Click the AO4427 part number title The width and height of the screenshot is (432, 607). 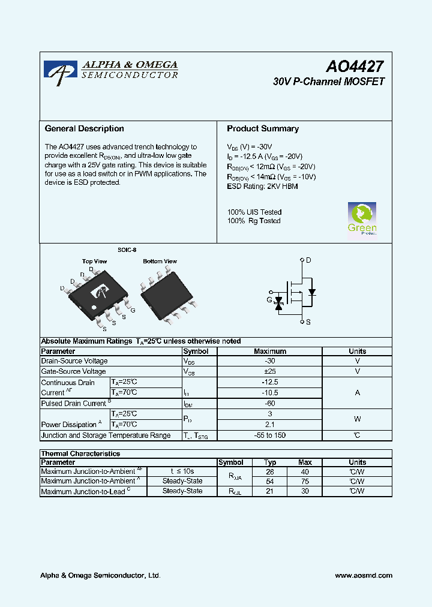tap(355, 67)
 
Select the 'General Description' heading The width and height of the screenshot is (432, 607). tap(85, 128)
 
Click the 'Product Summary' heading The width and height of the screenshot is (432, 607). tap(263, 128)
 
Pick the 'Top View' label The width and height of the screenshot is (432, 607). tap(94, 262)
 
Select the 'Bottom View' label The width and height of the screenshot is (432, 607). tap(160, 262)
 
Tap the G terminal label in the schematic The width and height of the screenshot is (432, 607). tap(269, 299)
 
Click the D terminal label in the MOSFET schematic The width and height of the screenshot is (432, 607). tap(309, 260)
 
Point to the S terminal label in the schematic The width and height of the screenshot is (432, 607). tap(308, 322)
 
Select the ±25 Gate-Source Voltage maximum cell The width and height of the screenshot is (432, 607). tap(269, 372)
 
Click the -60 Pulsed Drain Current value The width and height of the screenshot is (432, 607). tap(269, 404)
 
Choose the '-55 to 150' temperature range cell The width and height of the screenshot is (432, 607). tap(269, 435)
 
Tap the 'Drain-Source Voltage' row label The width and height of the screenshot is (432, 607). tap(74, 361)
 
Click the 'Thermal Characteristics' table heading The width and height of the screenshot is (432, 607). tap(80, 454)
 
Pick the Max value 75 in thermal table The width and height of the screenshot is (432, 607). tap(305, 481)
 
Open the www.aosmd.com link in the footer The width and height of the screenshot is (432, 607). tap(364, 575)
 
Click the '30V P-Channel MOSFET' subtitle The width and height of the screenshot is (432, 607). tap(328, 82)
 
